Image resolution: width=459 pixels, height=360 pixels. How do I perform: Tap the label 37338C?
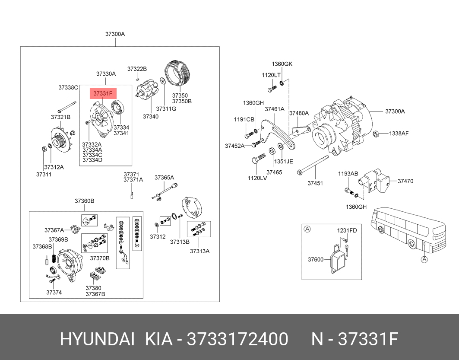[68, 88]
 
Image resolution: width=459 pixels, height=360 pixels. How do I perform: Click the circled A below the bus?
[424, 259]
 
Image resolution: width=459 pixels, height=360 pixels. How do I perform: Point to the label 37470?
[405, 181]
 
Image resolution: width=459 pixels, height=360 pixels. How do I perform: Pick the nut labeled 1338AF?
[376, 134]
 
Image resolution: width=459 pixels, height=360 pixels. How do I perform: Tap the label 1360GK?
[282, 64]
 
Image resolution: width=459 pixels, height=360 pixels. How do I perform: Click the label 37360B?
[84, 201]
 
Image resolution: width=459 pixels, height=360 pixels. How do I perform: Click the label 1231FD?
[347, 230]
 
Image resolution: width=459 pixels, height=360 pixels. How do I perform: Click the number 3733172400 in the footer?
[237, 340]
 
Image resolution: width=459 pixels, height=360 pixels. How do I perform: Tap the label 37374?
[54, 292]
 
